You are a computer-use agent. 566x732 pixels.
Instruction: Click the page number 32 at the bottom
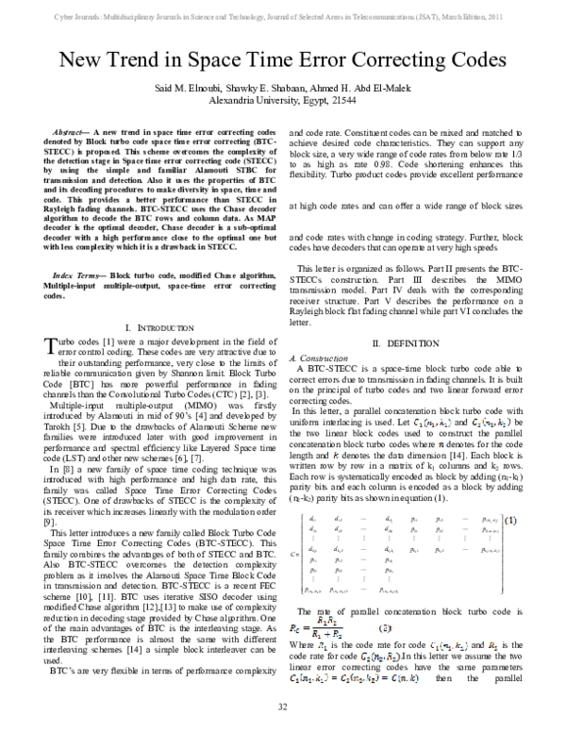click(282, 707)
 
